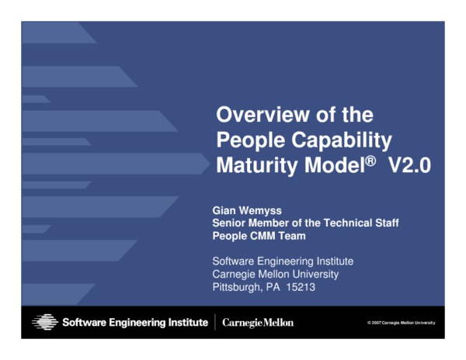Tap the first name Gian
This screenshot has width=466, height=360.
[224, 210]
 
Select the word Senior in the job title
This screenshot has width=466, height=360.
[231, 223]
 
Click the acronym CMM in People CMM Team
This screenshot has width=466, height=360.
[263, 236]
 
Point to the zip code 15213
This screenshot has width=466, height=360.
[300, 286]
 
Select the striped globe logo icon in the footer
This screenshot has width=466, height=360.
[45, 321]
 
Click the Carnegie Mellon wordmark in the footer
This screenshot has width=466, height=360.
[258, 322]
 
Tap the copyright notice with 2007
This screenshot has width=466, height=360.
[402, 322]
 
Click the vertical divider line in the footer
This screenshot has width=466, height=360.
[215, 321]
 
